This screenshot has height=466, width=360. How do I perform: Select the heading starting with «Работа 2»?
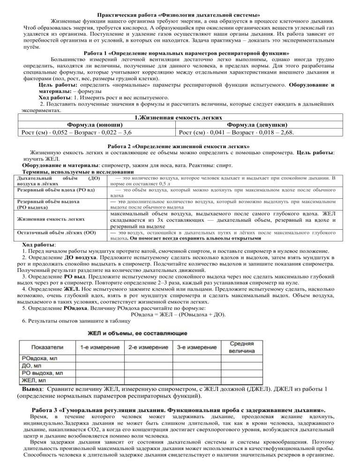pos(180,146)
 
